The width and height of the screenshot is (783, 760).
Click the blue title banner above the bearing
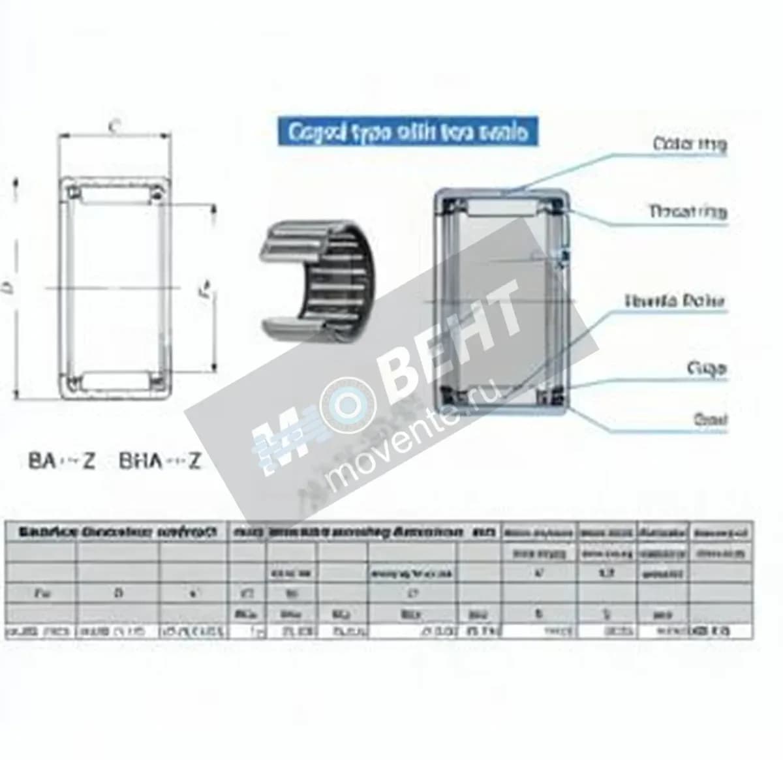click(408, 132)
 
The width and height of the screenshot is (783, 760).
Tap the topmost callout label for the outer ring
click(689, 144)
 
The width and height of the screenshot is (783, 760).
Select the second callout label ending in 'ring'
click(687, 212)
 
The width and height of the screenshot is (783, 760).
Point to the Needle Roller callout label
click(675, 301)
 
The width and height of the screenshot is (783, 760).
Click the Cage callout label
click(706, 369)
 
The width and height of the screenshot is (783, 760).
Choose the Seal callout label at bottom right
click(710, 419)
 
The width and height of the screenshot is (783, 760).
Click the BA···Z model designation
click(62, 461)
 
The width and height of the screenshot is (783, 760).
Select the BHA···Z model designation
click(159, 461)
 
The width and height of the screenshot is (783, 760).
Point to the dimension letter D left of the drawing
click(8, 286)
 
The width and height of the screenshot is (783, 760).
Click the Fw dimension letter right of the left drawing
click(204, 288)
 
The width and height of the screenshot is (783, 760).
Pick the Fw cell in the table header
click(40, 594)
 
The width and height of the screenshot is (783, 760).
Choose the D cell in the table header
click(118, 594)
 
